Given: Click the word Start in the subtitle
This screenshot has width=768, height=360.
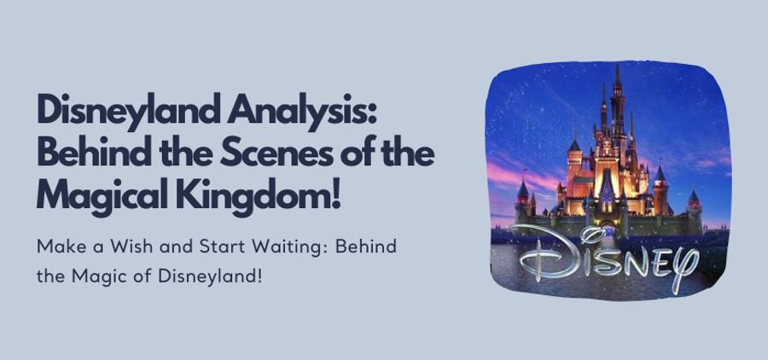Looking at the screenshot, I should point(217,246).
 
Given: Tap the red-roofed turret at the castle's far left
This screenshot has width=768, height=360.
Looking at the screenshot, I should point(522,189).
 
